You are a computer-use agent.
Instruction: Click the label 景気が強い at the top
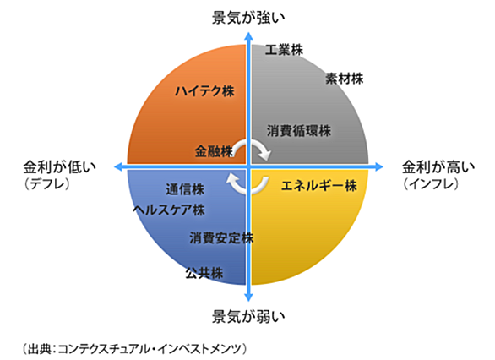[248, 18]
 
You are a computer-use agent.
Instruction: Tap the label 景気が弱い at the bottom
[248, 316]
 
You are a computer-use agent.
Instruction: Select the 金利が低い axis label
[59, 167]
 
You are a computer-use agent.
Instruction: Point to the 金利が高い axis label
[438, 167]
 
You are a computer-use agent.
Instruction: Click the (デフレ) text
[46, 184]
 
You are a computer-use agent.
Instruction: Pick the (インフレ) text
[431, 184]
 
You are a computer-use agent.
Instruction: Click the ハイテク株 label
[204, 91]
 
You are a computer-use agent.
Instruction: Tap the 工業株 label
[284, 50]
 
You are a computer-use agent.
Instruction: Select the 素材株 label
[345, 79]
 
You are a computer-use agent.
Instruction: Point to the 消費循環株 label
[299, 131]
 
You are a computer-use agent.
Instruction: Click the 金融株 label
[214, 151]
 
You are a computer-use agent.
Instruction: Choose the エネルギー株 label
[319, 185]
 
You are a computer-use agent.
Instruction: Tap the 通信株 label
[185, 189]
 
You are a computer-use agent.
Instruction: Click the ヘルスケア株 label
[169, 210]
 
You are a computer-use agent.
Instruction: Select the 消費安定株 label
[221, 238]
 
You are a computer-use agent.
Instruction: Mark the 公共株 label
[204, 273]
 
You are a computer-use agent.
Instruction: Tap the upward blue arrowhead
[248, 36]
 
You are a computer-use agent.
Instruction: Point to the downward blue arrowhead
[248, 297]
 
